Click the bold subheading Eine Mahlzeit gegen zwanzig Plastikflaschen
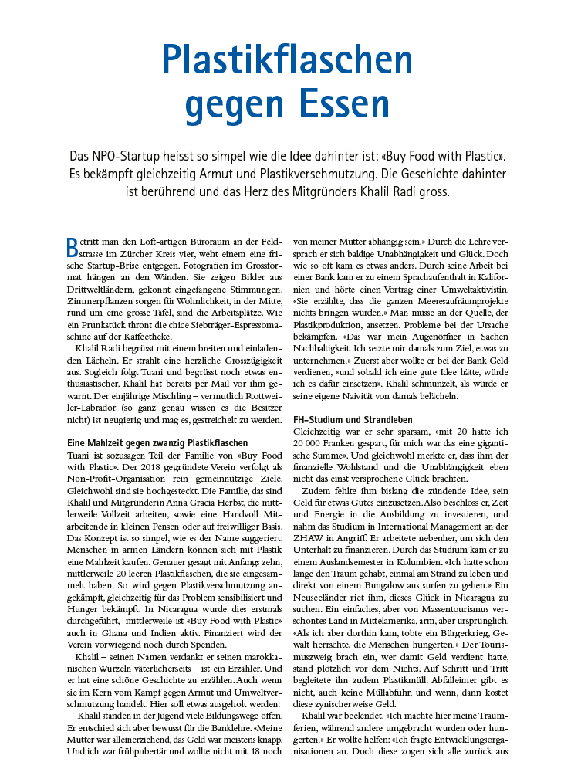click(157, 443)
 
